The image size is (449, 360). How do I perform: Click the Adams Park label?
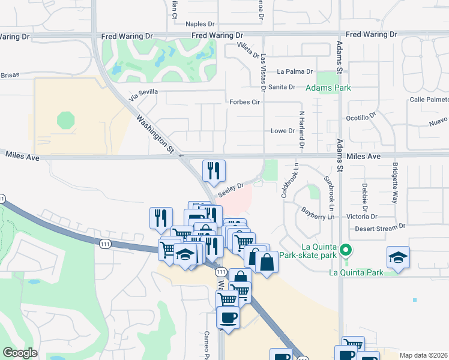(x=328, y=88)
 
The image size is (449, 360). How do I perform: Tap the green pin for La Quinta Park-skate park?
(x=345, y=250)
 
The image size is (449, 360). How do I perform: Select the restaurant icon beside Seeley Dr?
(x=214, y=171)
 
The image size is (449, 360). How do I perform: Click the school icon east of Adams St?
(x=398, y=257)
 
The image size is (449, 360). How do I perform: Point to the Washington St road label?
(x=154, y=133)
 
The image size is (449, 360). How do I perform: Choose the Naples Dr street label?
(x=200, y=24)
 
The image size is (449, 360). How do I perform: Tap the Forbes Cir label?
(x=244, y=102)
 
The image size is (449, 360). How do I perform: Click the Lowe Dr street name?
(x=283, y=131)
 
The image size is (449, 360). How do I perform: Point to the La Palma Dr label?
(x=295, y=71)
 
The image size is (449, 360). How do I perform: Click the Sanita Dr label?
(x=282, y=87)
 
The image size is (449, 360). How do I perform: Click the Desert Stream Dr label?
(x=380, y=227)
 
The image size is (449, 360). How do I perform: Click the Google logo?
(x=20, y=353)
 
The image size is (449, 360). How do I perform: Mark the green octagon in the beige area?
(x=66, y=120)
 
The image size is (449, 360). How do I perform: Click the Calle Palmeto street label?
(x=429, y=100)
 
